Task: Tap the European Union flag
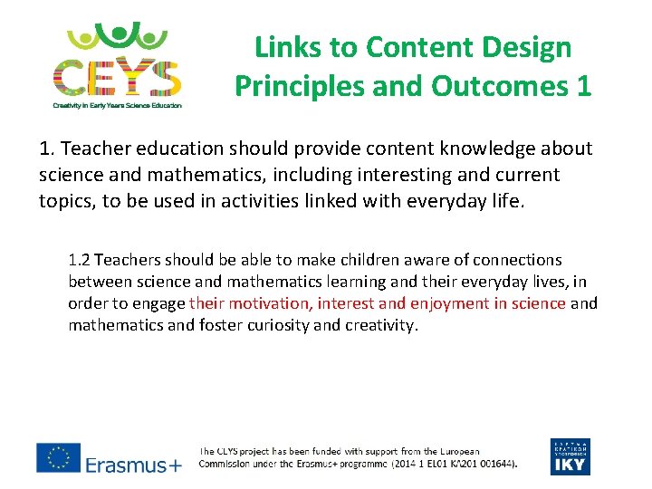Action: tap(58, 458)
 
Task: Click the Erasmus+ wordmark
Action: tap(133, 465)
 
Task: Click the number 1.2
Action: tap(80, 260)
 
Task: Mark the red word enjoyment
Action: tap(449, 303)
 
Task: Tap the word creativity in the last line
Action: tap(379, 325)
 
